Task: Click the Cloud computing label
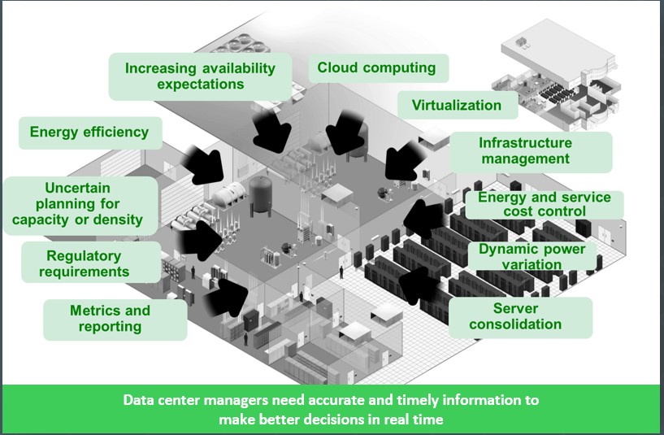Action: (x=375, y=68)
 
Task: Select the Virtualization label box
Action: (x=456, y=105)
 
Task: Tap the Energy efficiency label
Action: (x=89, y=132)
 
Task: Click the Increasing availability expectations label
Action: (x=200, y=76)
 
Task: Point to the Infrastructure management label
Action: (x=526, y=150)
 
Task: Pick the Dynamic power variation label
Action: (x=532, y=257)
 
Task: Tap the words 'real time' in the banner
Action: (x=420, y=420)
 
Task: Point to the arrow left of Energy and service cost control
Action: (x=422, y=215)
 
